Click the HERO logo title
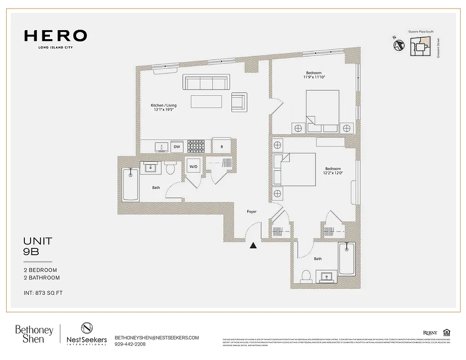[55, 36]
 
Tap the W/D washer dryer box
[193, 167]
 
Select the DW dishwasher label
[177, 147]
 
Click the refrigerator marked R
[222, 146]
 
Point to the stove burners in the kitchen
[196, 146]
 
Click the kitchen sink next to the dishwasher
[160, 147]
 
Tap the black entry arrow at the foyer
[254, 245]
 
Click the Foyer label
[252, 211]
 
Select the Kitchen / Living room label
[163, 108]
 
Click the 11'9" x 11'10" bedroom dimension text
[314, 77]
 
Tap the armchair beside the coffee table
[239, 102]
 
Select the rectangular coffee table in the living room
[206, 102]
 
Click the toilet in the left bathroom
[170, 169]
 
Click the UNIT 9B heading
[37, 247]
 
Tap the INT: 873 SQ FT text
[43, 293]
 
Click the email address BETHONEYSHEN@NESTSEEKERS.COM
[157, 337]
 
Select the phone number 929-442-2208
[130, 344]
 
